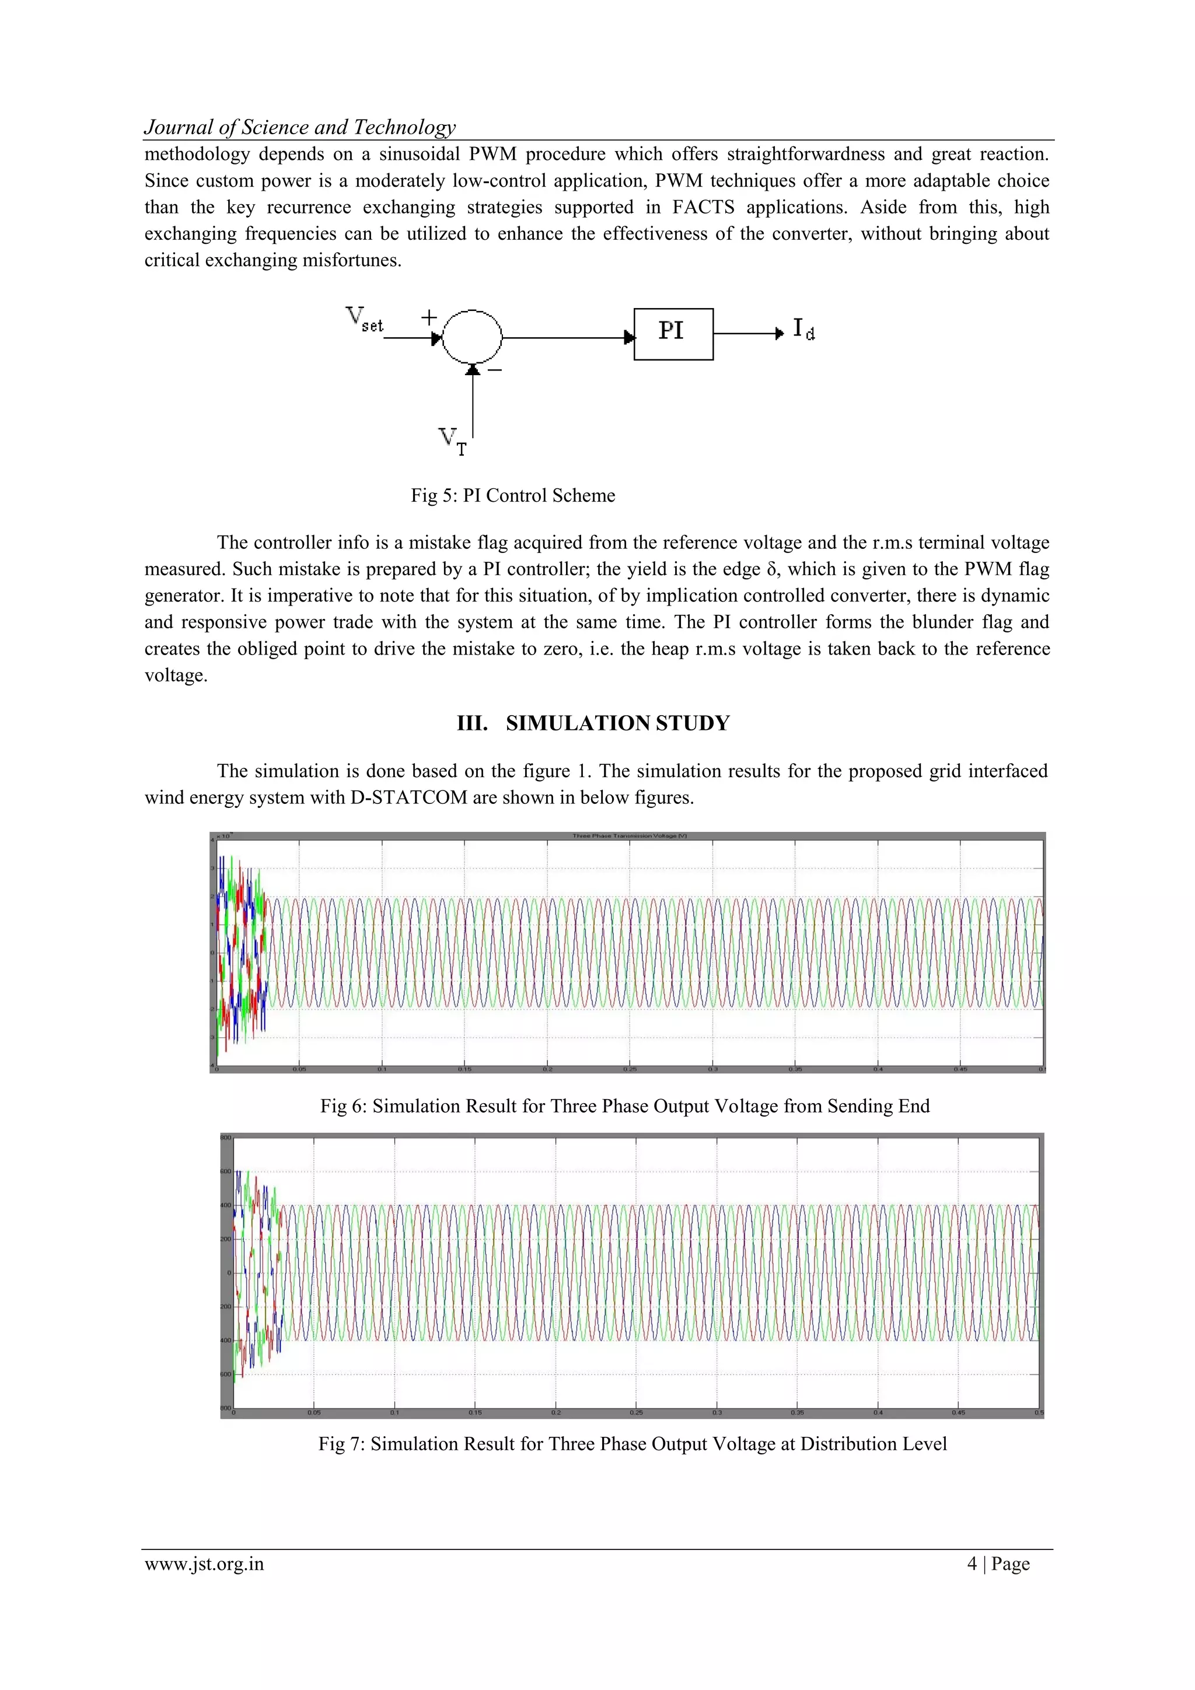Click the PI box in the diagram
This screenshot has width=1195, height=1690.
(673, 334)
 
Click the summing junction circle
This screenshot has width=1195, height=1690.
(472, 337)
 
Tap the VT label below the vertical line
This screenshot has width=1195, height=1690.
(452, 441)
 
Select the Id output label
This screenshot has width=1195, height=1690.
(803, 329)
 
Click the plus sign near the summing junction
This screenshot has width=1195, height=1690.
(428, 317)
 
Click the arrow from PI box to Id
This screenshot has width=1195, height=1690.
(748, 334)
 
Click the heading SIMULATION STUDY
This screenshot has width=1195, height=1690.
(617, 723)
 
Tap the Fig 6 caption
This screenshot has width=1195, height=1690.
(624, 1105)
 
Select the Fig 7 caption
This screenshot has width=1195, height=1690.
(632, 1443)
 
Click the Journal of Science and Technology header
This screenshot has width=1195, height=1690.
(300, 127)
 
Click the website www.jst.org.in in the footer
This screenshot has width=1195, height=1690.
(204, 1563)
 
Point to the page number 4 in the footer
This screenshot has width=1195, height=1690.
(972, 1563)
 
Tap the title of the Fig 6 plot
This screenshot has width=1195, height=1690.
(630, 835)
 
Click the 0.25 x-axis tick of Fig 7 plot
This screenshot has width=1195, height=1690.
(636, 1412)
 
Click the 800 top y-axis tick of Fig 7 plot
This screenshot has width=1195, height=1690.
(225, 1137)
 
